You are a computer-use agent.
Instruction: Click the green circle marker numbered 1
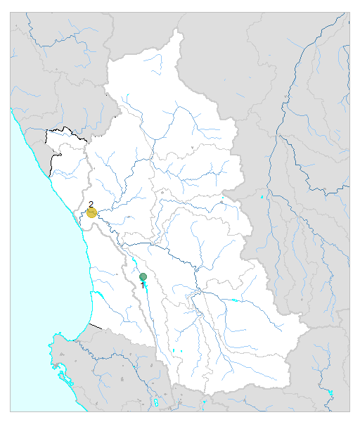[143, 277]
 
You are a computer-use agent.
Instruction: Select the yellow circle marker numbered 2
[91, 212]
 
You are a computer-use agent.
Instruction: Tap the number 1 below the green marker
[143, 286]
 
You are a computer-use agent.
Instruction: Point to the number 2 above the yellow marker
[91, 204]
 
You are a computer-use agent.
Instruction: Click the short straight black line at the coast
[96, 326]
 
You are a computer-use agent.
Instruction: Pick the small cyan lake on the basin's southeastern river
[233, 300]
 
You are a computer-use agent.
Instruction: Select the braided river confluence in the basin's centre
[199, 290]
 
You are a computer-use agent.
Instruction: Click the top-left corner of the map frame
[11, 11]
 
